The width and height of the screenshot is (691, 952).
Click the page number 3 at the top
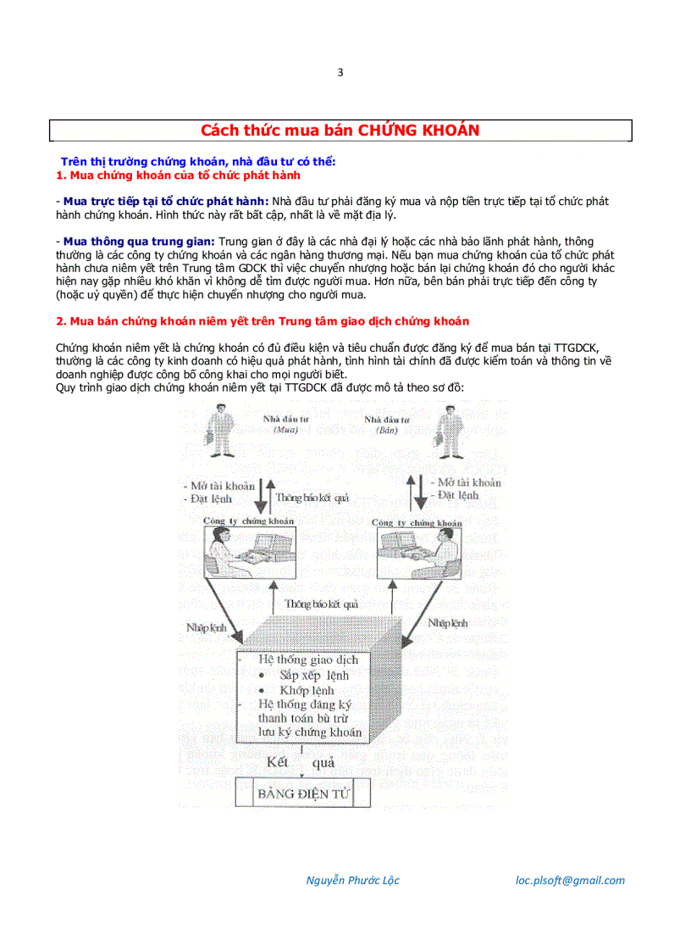click(x=340, y=72)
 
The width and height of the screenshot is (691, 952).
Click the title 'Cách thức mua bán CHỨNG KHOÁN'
click(x=340, y=130)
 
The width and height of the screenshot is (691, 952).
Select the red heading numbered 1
click(x=178, y=175)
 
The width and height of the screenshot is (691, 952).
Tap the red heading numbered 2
click(x=263, y=321)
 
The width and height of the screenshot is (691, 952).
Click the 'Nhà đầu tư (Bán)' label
click(x=387, y=425)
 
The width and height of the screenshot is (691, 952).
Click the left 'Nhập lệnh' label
click(x=207, y=628)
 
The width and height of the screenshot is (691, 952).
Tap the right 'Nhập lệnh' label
click(x=448, y=623)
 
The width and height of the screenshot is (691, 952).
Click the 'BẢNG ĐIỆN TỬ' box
click(x=302, y=793)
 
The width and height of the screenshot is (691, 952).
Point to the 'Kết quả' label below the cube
click(x=300, y=762)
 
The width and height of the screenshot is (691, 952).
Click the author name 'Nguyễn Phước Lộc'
click(x=352, y=880)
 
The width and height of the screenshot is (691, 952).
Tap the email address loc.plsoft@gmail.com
click(x=570, y=880)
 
